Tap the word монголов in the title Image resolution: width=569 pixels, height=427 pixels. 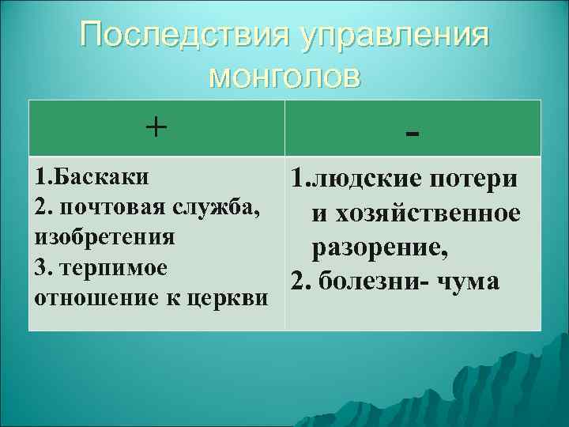(284, 77)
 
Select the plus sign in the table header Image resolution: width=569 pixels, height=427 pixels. (156, 127)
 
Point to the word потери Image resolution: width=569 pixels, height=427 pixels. (475, 178)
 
